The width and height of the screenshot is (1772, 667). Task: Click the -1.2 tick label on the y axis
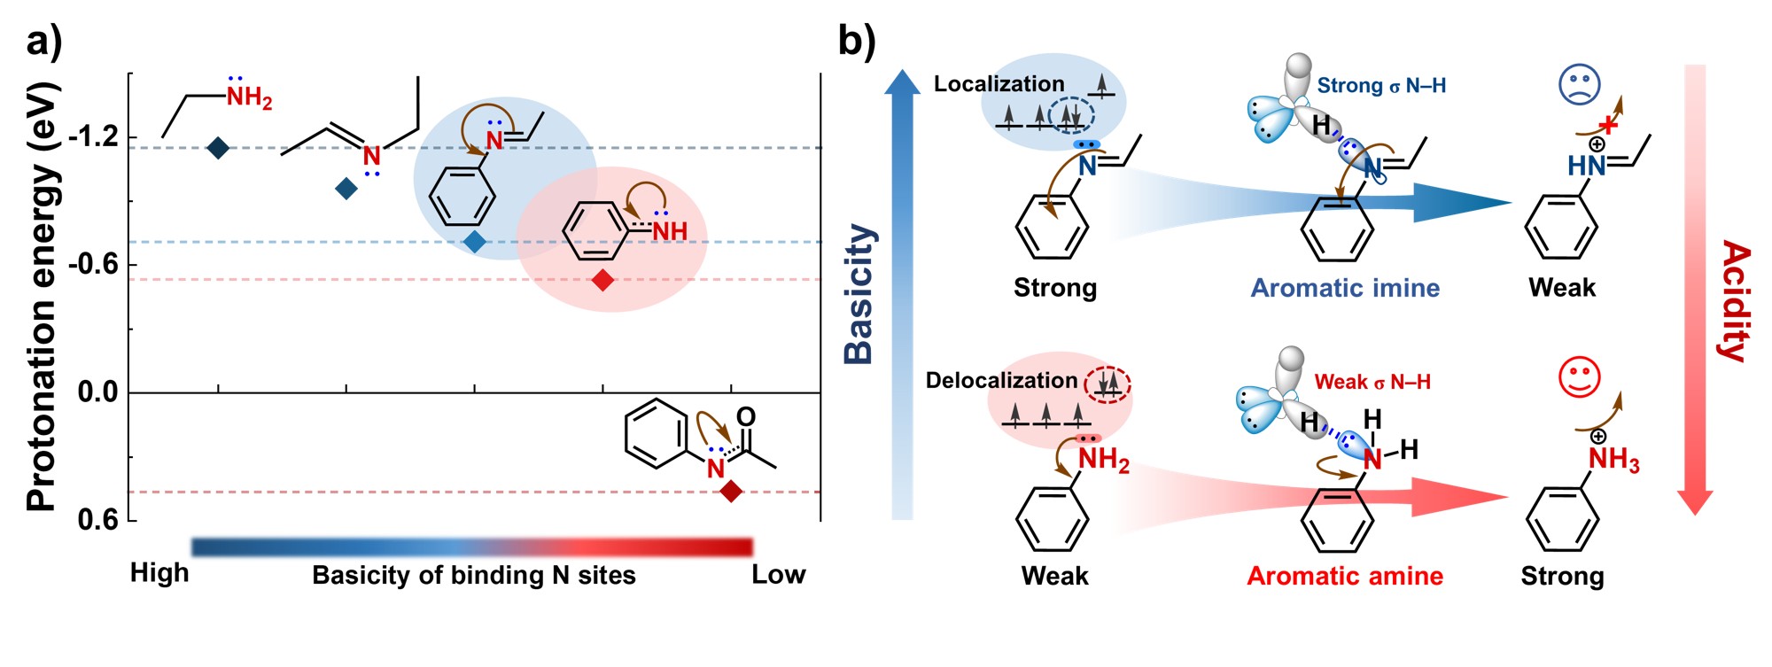point(92,137)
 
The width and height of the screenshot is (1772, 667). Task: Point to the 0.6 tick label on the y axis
point(97,519)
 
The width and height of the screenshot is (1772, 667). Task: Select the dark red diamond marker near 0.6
point(731,491)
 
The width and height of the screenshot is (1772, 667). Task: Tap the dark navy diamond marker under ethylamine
point(218,148)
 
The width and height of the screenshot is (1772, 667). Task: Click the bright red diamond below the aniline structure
point(602,281)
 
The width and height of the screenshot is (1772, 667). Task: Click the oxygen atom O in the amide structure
point(746,417)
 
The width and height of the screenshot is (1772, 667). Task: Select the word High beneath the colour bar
point(159,573)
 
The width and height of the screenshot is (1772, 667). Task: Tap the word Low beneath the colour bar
point(778,575)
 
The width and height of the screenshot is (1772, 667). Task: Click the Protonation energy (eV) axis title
point(42,297)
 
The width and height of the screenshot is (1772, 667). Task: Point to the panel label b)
point(856,42)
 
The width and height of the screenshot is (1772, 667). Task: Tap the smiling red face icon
point(1579,377)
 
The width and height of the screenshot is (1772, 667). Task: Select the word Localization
point(999,84)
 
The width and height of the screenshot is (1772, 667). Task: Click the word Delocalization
point(1001,381)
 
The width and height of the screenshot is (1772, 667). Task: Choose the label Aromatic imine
point(1345,288)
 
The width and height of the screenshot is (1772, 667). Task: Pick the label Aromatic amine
point(1345,577)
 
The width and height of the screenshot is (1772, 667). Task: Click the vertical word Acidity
point(1735,301)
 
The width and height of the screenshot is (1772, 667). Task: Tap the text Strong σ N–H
point(1381,86)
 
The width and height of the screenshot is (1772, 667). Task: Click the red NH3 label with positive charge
point(1613,459)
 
